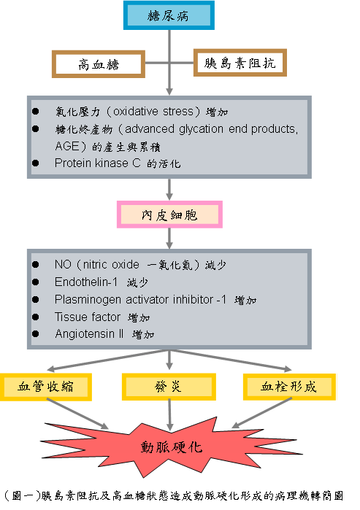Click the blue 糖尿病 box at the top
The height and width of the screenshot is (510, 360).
pyautogui.click(x=169, y=15)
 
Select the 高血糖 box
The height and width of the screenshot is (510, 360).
pyautogui.click(x=99, y=64)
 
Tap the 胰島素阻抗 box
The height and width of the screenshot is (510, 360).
pyautogui.click(x=240, y=63)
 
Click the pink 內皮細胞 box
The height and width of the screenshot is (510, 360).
pyautogui.click(x=169, y=215)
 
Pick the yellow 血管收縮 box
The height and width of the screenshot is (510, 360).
pyautogui.click(x=45, y=387)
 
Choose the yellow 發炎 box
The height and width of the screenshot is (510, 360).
pyautogui.click(x=169, y=387)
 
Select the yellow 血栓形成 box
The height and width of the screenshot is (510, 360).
pyautogui.click(x=289, y=387)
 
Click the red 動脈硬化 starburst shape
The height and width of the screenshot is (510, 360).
pyautogui.click(x=172, y=447)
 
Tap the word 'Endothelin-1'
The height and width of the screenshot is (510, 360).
pyautogui.click(x=86, y=282)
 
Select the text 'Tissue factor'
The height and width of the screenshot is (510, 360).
pyautogui.click(x=88, y=317)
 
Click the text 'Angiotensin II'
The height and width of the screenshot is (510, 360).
pyautogui.click(x=89, y=333)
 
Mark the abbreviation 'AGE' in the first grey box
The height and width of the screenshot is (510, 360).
pyautogui.click(x=66, y=146)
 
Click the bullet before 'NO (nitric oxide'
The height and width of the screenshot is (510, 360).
pyautogui.click(x=36, y=264)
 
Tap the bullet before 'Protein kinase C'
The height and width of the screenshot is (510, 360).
pyautogui.click(x=36, y=163)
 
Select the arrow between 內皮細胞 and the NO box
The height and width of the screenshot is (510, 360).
pyautogui.click(x=169, y=239)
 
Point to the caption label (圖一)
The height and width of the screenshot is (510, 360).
pyautogui.click(x=23, y=495)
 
